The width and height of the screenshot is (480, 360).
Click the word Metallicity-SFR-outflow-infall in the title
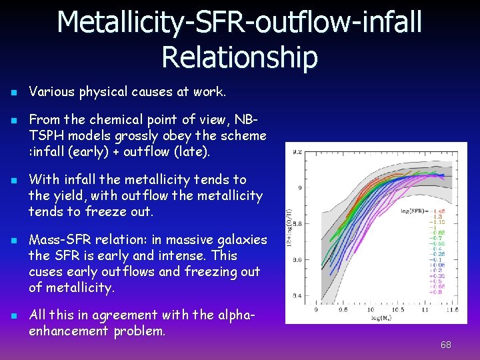(239, 21)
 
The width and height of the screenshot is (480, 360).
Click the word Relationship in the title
(239, 57)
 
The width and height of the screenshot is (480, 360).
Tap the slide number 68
(446, 345)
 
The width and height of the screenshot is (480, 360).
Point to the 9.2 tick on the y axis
(297, 153)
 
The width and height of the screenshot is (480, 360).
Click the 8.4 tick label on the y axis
(297, 295)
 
